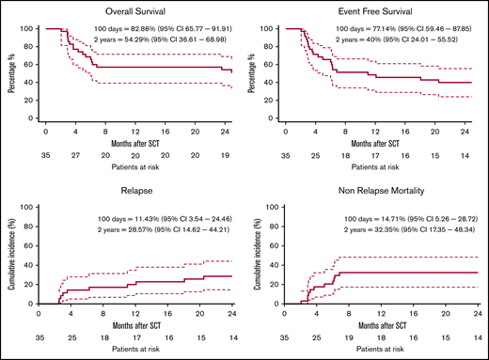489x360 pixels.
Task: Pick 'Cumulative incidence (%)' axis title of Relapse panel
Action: tap(11, 255)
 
